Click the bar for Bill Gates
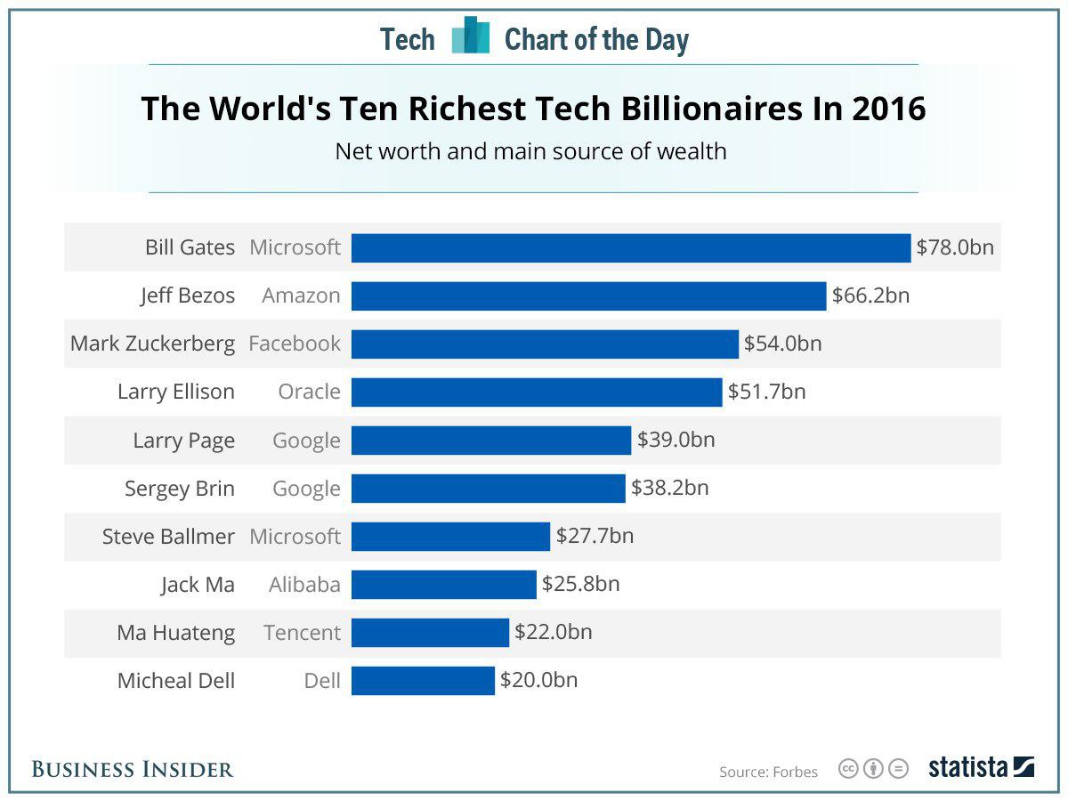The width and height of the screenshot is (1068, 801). click(631, 247)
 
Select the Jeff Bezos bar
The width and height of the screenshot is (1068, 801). click(588, 295)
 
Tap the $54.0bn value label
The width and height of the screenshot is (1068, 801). click(783, 344)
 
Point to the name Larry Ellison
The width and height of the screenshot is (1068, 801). click(176, 392)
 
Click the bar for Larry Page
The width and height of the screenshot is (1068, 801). click(490, 440)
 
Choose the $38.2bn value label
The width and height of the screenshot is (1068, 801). click(670, 488)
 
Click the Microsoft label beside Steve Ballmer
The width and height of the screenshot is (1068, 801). click(295, 537)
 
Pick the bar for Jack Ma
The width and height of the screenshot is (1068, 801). click(443, 585)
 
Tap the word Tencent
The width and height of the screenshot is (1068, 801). click(302, 633)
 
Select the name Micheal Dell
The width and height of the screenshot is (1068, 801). click(176, 681)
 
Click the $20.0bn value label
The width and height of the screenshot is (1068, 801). click(538, 680)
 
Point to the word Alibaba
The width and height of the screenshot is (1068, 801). click(304, 585)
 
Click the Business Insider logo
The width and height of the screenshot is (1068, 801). click(133, 769)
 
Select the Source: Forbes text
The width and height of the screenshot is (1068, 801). click(768, 772)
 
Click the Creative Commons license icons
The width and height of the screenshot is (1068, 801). click(873, 769)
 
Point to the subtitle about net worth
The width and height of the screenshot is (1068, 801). click(530, 151)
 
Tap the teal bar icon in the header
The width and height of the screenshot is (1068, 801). click(470, 36)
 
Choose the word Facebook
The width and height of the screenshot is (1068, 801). click(295, 344)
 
